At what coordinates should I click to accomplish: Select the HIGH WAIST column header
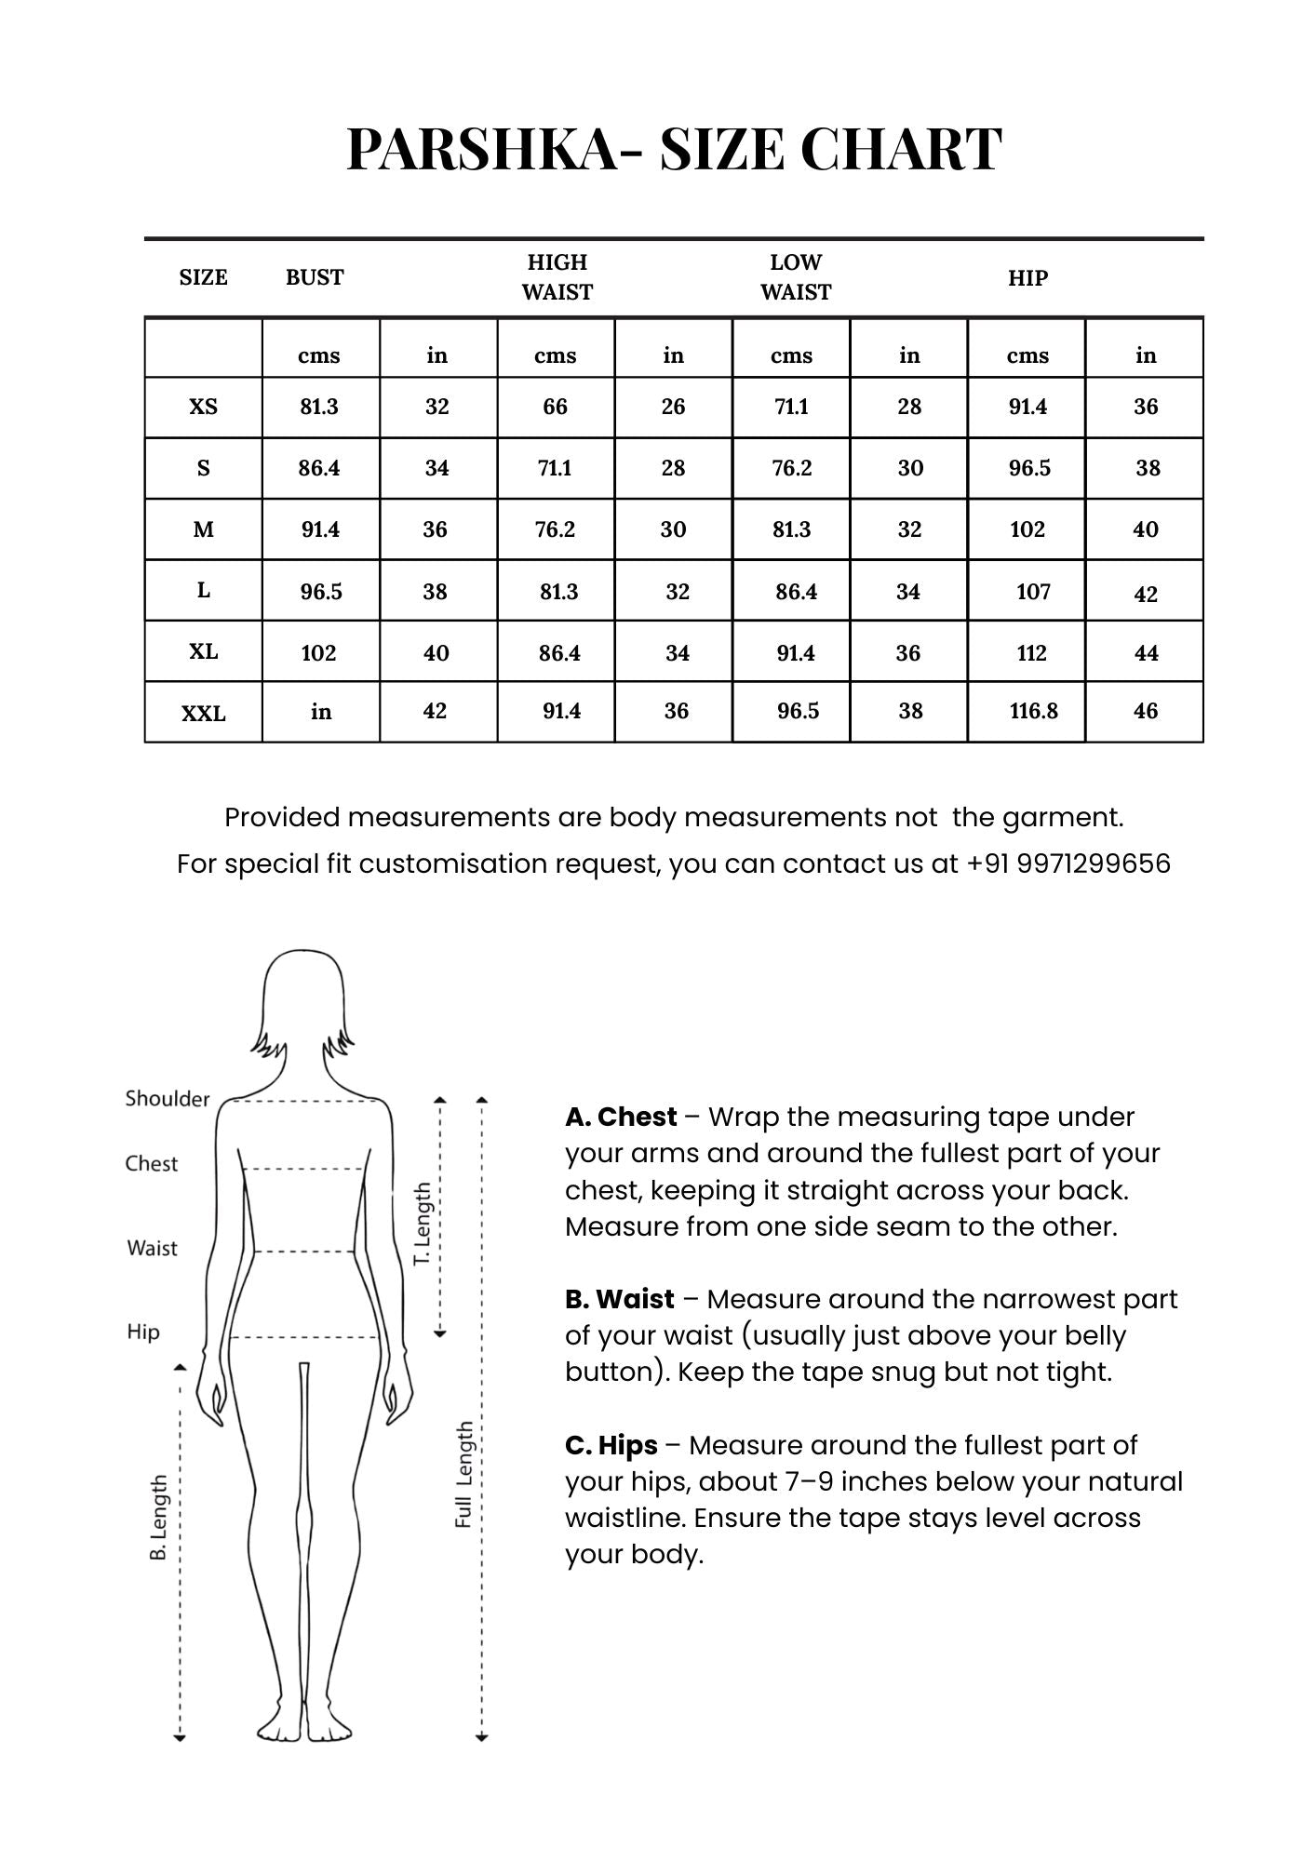(557, 277)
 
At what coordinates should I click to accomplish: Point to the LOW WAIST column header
(795, 277)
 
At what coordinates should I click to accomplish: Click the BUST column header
(315, 277)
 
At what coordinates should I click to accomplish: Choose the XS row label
(203, 407)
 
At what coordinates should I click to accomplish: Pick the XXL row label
(203, 713)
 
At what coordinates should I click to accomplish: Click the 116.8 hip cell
(1033, 711)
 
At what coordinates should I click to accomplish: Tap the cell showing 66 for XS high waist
(555, 407)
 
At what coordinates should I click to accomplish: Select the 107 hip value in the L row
(1033, 592)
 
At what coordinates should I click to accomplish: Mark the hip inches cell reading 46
(1146, 711)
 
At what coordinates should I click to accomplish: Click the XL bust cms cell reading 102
(318, 653)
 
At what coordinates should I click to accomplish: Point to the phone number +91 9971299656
(1068, 864)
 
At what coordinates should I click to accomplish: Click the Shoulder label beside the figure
(168, 1099)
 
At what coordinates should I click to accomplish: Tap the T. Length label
(423, 1223)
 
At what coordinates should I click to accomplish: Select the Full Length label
(463, 1474)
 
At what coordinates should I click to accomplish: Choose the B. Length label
(159, 1517)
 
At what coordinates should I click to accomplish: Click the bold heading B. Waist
(619, 1299)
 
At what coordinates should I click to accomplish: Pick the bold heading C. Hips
(611, 1445)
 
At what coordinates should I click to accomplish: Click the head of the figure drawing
(303, 996)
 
